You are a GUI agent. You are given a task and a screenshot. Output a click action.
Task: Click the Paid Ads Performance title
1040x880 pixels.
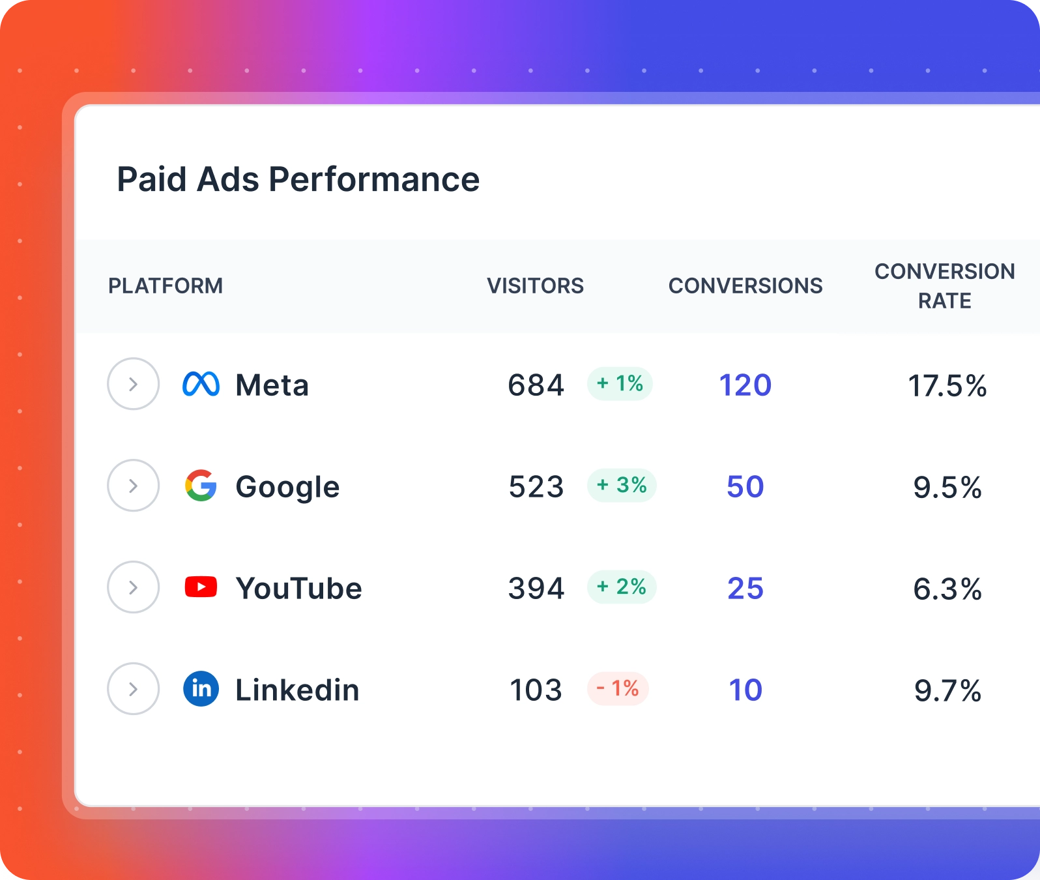click(x=298, y=179)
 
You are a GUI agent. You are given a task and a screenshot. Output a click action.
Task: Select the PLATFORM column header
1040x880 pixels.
click(x=166, y=286)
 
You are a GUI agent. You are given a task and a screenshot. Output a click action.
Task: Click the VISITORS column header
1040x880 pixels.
click(x=535, y=286)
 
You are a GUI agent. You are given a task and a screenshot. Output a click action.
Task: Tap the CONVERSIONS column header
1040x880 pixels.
click(x=745, y=286)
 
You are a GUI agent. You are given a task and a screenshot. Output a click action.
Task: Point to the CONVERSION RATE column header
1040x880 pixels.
click(x=944, y=286)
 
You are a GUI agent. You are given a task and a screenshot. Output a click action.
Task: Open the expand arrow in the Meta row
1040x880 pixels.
click(x=133, y=384)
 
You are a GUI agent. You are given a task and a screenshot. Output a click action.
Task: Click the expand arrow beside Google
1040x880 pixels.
click(x=133, y=486)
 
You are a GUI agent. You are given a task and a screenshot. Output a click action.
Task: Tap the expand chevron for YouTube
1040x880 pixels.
click(x=133, y=587)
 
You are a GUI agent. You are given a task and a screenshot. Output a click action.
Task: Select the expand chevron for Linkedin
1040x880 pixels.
click(x=133, y=689)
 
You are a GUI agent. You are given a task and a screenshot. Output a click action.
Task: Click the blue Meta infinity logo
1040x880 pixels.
click(x=201, y=384)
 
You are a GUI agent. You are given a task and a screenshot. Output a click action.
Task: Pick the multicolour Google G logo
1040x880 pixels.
click(x=201, y=486)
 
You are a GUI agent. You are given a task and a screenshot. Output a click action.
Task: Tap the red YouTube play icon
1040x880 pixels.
click(x=201, y=587)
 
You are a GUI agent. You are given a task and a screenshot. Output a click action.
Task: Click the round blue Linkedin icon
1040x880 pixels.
click(x=201, y=689)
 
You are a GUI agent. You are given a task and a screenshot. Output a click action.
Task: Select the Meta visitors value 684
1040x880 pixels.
click(x=536, y=385)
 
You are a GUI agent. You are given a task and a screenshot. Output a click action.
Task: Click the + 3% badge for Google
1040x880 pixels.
click(x=622, y=486)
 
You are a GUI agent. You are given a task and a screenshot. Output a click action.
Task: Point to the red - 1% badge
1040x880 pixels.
click(x=618, y=689)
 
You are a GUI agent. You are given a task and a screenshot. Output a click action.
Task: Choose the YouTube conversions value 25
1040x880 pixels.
click(x=745, y=588)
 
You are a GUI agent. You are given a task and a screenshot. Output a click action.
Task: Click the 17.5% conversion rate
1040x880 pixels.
click(x=947, y=385)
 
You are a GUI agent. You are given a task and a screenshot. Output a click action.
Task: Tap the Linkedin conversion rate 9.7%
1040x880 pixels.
click(x=947, y=690)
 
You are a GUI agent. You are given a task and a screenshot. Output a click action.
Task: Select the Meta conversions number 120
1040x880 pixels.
click(x=745, y=385)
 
